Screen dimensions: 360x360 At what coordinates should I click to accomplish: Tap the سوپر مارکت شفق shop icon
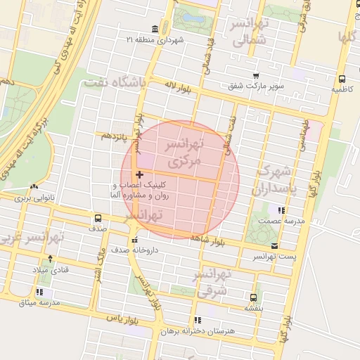click(x=256, y=77)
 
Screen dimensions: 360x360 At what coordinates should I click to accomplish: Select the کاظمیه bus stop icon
click(x=342, y=79)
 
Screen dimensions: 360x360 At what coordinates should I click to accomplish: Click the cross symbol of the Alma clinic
click(x=139, y=174)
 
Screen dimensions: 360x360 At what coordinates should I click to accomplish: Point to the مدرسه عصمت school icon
click(x=281, y=210)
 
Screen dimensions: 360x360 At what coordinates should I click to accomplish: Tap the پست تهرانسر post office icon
click(x=274, y=246)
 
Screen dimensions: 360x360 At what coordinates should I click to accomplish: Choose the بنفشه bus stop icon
click(x=253, y=297)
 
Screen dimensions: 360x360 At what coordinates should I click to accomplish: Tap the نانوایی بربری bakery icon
click(x=34, y=187)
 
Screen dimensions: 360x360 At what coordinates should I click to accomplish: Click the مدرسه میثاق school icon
click(x=40, y=292)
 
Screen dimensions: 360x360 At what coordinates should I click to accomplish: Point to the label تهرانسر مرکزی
click(x=182, y=152)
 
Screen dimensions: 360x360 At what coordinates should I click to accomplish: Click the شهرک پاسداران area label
click(x=278, y=180)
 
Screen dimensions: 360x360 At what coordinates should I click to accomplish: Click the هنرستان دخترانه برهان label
click(x=206, y=330)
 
